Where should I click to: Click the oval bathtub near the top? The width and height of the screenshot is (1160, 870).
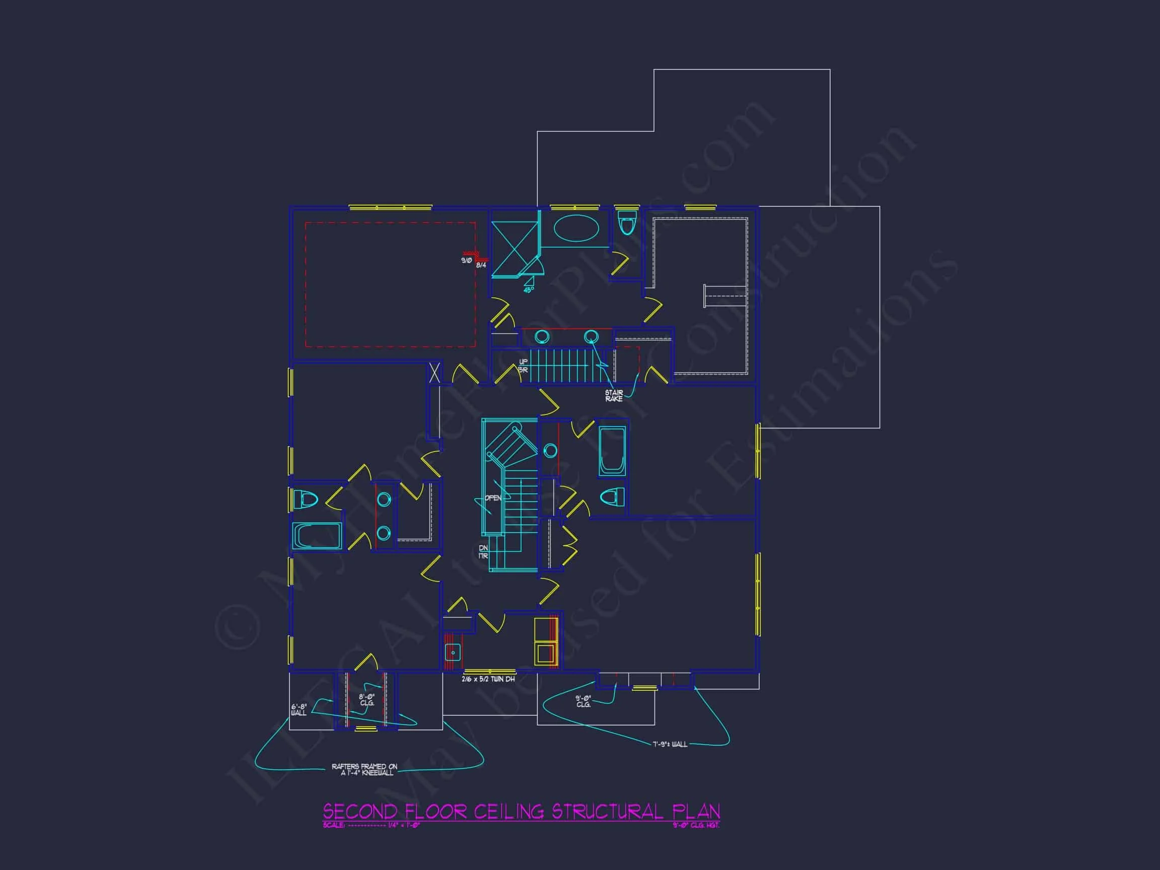coord(576,229)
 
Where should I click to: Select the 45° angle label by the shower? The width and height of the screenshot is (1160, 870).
coord(528,289)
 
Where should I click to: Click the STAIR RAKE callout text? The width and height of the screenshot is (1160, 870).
coord(614,396)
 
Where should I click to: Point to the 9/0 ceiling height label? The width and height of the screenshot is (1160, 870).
coord(466,260)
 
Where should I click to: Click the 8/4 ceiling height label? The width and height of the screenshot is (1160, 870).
coord(481,265)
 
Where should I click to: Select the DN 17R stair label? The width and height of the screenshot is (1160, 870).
coord(483,552)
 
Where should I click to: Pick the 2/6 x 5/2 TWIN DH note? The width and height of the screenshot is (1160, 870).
coord(488,679)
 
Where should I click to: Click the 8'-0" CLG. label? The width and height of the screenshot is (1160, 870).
coord(367,699)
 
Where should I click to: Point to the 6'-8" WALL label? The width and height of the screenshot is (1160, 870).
coord(299,710)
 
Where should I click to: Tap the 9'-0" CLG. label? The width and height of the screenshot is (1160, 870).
coord(583,701)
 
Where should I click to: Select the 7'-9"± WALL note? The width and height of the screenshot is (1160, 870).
coord(670,745)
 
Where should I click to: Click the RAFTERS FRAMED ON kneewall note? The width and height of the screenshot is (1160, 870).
coord(365,769)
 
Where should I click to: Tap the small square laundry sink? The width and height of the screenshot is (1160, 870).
coord(452,652)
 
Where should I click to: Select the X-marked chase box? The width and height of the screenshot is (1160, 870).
coord(434,373)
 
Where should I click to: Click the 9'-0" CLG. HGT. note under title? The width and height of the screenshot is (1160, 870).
coord(696,825)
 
